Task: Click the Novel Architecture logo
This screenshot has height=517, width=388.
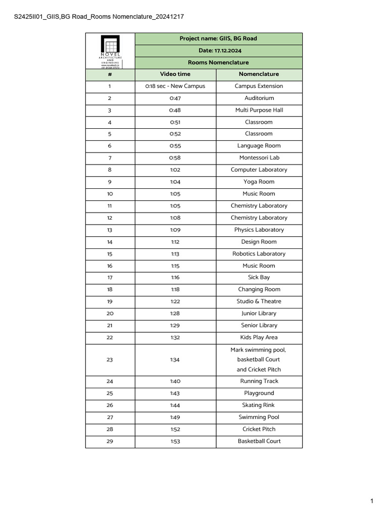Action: pos(110,50)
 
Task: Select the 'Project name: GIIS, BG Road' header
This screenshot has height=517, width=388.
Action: pos(218,38)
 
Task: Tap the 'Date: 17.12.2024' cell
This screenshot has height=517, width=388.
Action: pos(218,50)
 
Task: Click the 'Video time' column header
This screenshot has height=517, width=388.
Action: pos(175,74)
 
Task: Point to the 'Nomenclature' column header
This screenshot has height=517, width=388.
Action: pos(259,74)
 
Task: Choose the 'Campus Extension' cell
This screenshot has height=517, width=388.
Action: pos(259,86)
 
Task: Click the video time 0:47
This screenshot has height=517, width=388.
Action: pos(175,98)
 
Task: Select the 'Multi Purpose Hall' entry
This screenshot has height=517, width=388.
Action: pos(259,110)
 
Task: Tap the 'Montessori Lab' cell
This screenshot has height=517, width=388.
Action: pos(259,158)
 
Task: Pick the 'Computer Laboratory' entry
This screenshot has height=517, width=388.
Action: pos(259,170)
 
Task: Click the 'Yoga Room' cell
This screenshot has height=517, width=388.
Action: pos(259,182)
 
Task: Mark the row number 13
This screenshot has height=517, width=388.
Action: pos(110,230)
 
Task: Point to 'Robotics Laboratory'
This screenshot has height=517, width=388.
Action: pos(259,253)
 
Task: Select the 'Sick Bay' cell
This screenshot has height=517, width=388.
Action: pos(259,277)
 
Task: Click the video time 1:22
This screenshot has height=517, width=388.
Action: pos(175,301)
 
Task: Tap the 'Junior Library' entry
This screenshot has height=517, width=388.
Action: pos(259,314)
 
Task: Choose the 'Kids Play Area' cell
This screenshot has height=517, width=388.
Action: pos(259,337)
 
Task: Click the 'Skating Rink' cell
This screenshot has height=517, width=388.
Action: pos(259,405)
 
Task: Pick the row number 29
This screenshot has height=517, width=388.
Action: pos(110,441)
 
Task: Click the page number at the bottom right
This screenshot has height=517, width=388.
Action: pos(371,501)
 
